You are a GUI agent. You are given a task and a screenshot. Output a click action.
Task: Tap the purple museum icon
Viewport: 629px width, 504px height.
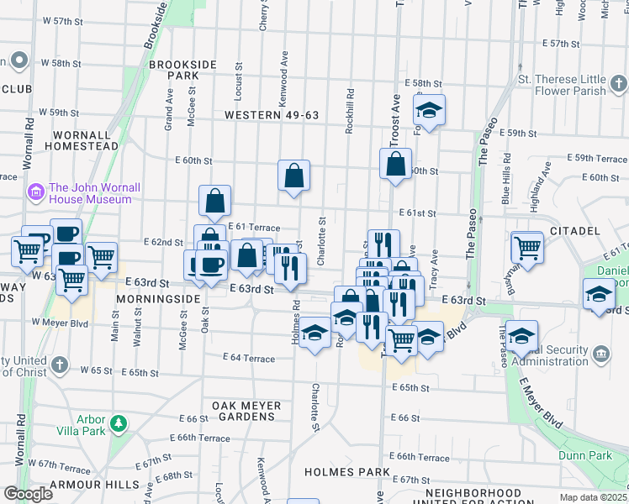pyautogui.click(x=35, y=192)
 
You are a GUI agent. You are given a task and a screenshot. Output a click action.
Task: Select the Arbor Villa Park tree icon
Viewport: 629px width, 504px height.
pyautogui.click(x=119, y=423)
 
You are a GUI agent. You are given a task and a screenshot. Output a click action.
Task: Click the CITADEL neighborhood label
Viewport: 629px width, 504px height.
pyautogui.click(x=574, y=230)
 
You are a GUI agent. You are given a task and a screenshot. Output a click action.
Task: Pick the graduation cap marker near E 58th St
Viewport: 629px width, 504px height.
pyautogui.click(x=430, y=110)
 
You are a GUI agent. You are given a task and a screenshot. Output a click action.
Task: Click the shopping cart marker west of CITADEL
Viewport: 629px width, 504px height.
pyautogui.click(x=527, y=248)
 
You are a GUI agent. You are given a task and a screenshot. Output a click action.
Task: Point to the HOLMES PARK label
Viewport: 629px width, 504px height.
pyautogui.click(x=337, y=472)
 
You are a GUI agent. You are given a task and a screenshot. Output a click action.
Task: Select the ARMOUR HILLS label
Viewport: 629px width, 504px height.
pyautogui.click(x=83, y=485)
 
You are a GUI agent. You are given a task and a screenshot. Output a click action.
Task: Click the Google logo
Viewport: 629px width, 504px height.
pyautogui.click(x=28, y=494)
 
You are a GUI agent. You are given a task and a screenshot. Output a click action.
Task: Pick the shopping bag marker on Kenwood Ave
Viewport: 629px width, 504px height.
pyautogui.click(x=294, y=176)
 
